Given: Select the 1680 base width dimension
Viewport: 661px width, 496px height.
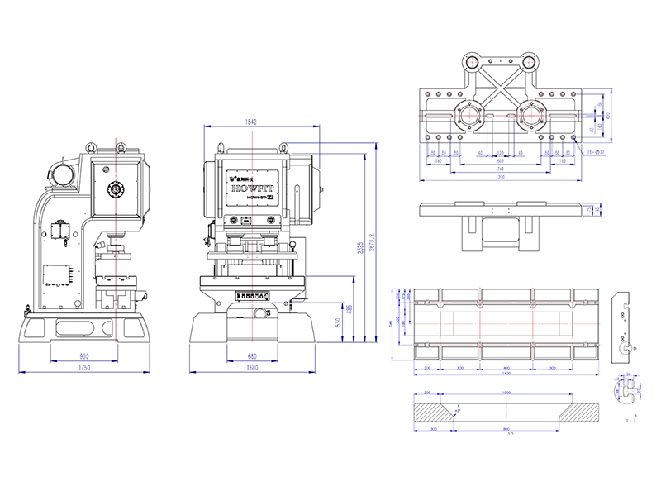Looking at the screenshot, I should [x=252, y=368].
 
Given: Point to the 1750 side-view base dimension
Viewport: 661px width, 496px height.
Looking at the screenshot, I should [x=84, y=368].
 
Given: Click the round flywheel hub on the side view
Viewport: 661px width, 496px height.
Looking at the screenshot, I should [x=116, y=189].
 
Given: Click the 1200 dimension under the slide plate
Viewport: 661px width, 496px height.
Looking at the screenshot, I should [x=499, y=177].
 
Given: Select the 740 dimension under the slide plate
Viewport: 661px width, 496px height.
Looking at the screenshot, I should [x=499, y=169].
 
